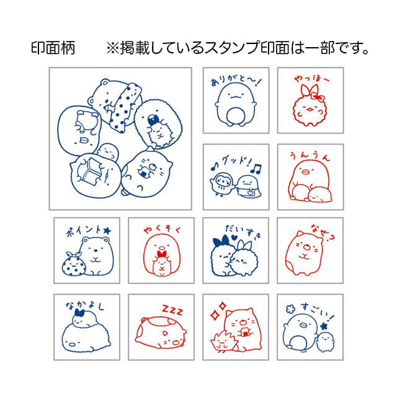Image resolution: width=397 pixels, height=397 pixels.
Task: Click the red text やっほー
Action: click(x=305, y=80)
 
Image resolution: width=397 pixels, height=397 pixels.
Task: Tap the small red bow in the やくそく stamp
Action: click(x=163, y=252)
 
